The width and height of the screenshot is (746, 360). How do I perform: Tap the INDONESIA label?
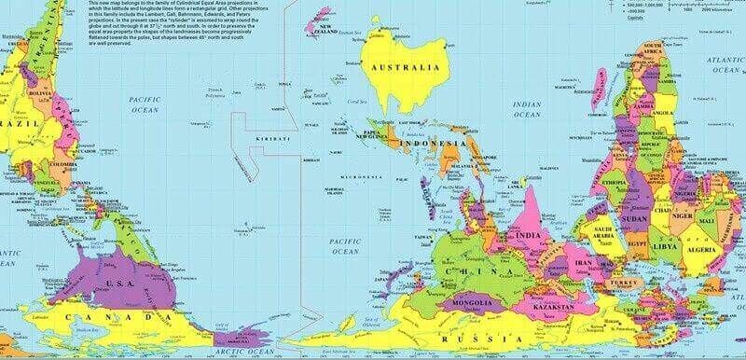point(433,145)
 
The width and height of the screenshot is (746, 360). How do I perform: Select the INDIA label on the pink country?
point(529,236)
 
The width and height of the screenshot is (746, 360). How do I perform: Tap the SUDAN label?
point(635,218)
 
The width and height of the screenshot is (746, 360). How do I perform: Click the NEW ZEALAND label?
point(324,30)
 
